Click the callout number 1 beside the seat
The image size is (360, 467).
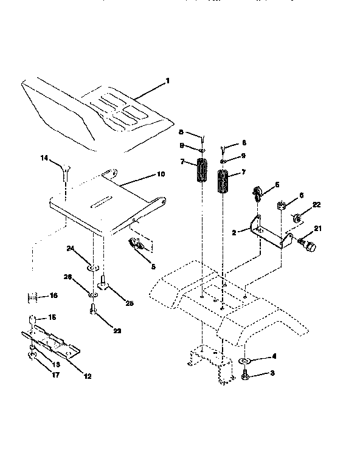pyautogui.click(x=168, y=81)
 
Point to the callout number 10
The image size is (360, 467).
pyautogui.click(x=161, y=175)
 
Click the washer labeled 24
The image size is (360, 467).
pyautogui.click(x=91, y=267)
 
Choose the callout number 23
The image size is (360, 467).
pyautogui.click(x=117, y=331)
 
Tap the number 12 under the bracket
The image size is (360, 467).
pyautogui.click(x=87, y=376)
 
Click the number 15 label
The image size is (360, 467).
pyautogui.click(x=52, y=317)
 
